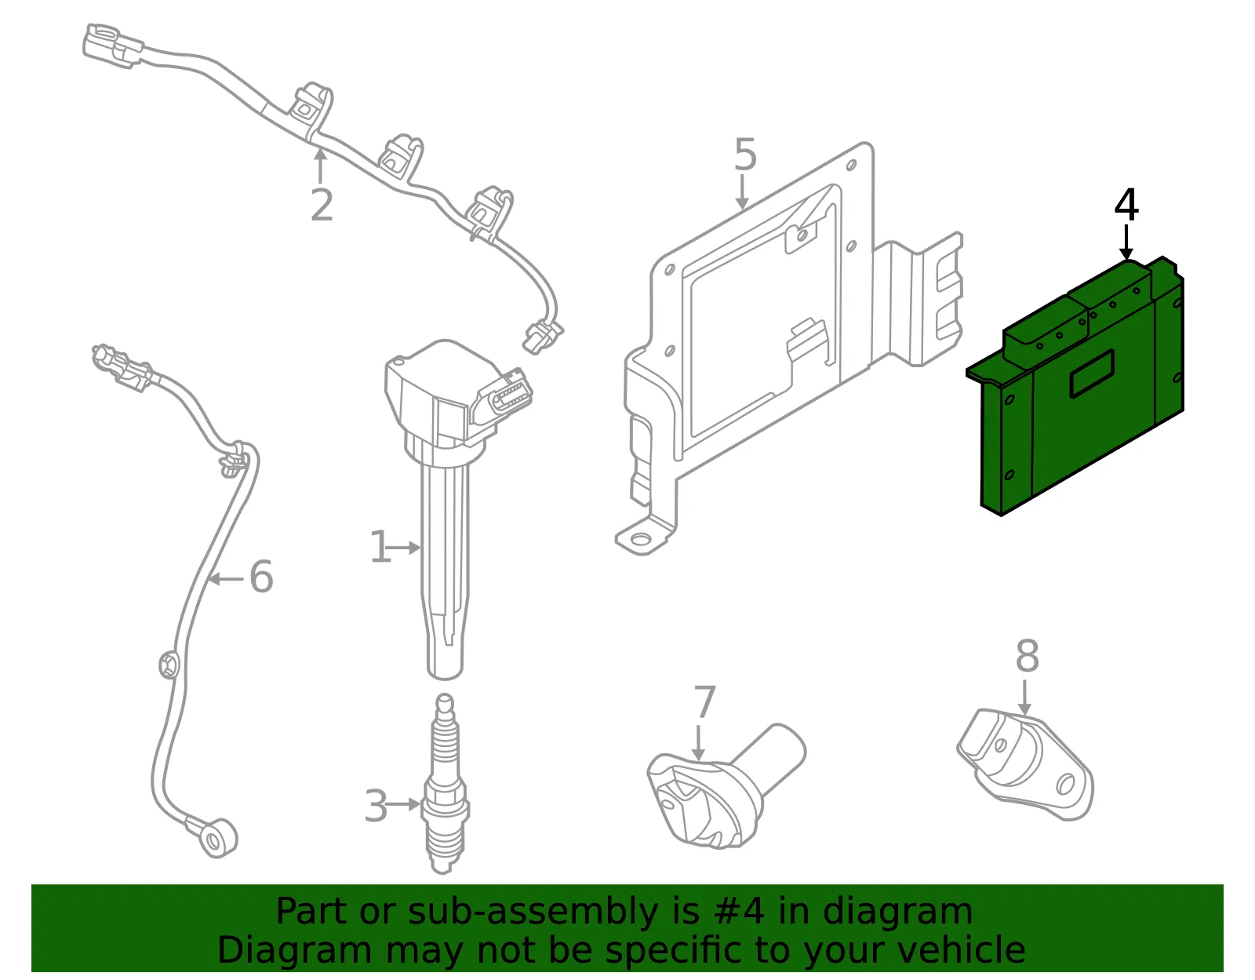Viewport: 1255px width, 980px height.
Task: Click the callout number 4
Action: [x=1126, y=206]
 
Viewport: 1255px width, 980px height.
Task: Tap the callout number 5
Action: [x=745, y=155]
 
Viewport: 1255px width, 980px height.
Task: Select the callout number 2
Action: [x=322, y=205]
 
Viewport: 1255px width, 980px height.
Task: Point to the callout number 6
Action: [x=261, y=577]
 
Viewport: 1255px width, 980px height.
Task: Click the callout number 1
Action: [x=380, y=547]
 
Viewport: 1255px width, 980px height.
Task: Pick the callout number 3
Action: [x=376, y=806]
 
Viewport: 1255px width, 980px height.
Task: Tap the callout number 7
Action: [x=704, y=701]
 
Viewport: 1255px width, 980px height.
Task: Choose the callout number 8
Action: [x=1028, y=656]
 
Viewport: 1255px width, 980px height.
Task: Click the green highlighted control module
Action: [x=1075, y=386]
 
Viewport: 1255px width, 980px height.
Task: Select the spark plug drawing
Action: [x=444, y=784]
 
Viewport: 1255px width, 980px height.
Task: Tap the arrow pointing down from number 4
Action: [x=1126, y=243]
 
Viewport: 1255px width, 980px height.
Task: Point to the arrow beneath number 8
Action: [x=1024, y=698]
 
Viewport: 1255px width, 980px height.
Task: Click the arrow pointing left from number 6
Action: [x=225, y=578]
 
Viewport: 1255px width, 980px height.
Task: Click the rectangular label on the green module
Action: [x=1092, y=374]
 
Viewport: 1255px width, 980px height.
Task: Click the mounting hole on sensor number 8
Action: [x=1065, y=785]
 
